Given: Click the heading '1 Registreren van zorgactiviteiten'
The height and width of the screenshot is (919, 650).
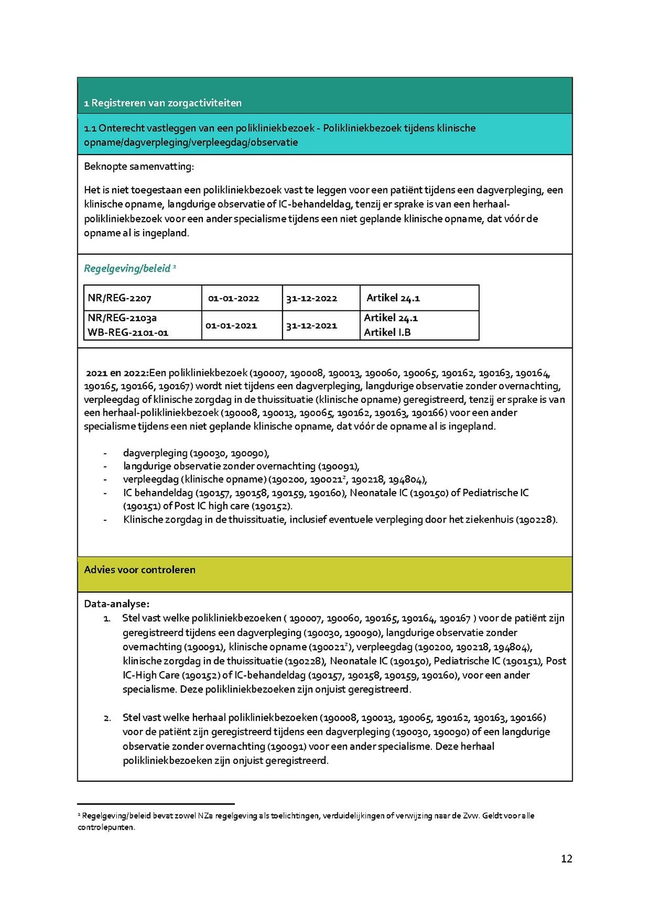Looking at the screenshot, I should point(162,103).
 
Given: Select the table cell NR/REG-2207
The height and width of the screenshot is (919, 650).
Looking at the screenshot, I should point(119,298).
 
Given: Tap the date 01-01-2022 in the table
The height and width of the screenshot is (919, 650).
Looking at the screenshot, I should point(233,298).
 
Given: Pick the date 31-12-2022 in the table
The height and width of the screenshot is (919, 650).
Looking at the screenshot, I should point(312,298).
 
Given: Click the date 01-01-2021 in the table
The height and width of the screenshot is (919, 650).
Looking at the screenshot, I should point(231,326).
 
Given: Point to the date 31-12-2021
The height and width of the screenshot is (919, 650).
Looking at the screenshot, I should point(311,326).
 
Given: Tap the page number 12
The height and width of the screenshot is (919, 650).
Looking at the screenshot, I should point(566,858).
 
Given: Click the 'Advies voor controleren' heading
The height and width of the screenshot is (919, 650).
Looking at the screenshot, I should point(140,570).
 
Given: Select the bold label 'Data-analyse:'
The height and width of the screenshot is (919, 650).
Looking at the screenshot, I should point(117,604).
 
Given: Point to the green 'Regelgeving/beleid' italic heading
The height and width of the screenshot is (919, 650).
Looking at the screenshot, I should point(127,269).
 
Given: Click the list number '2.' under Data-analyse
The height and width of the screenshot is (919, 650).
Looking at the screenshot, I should point(106,718).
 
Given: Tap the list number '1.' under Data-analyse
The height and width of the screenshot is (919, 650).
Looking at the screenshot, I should point(106,618).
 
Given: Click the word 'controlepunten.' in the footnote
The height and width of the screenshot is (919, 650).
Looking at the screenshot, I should point(107,827).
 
